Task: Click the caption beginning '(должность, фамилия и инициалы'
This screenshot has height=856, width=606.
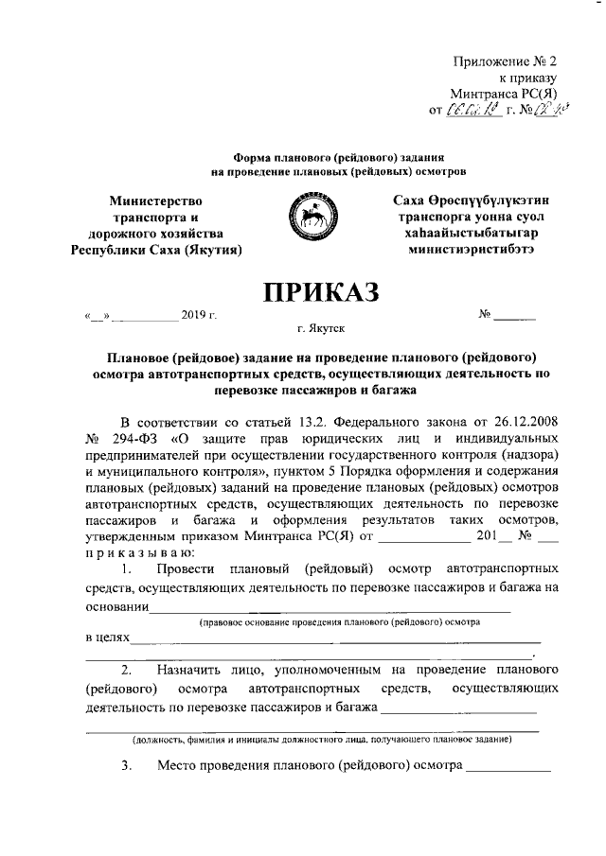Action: [x=322, y=738]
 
